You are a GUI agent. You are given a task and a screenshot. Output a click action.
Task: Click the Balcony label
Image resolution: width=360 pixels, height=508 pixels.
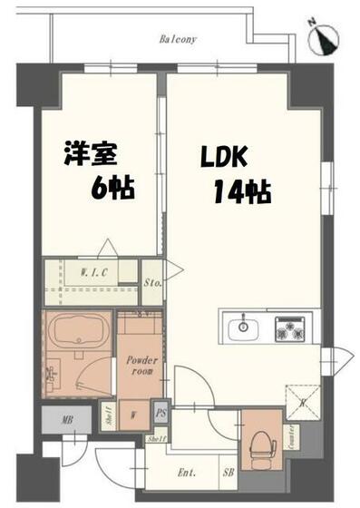click(x=178, y=40)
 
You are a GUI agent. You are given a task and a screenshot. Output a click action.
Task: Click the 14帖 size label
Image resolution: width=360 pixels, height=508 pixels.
click(x=243, y=191)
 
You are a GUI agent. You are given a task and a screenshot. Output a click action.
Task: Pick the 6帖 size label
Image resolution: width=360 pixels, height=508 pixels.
click(x=112, y=189)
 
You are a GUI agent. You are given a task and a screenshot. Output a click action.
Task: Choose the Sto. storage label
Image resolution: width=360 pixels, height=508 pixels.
click(x=153, y=282)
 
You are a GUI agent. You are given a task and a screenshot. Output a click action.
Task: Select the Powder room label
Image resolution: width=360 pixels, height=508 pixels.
click(x=141, y=365)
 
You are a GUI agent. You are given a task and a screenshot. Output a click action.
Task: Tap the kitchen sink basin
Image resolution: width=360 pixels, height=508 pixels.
click(x=244, y=327)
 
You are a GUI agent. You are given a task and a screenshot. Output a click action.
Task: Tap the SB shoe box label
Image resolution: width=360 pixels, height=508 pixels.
click(x=229, y=474)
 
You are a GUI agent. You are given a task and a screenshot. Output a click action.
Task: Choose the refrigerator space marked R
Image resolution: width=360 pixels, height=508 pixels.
click(x=301, y=399)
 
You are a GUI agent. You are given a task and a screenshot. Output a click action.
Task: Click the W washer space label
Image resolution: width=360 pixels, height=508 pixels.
click(x=133, y=416)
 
